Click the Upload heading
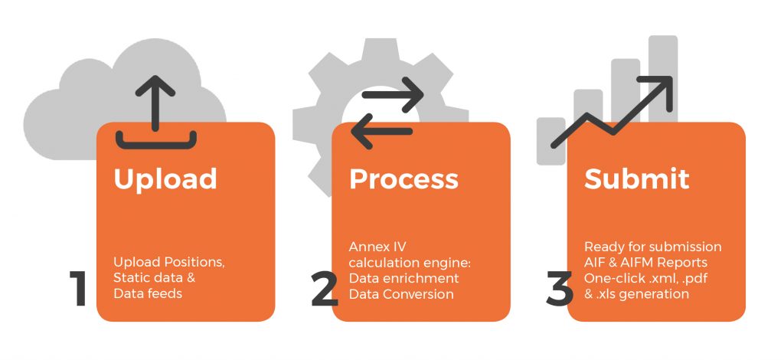click(165, 179)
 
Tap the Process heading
click(403, 178)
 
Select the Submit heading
click(636, 178)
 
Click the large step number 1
click(79, 288)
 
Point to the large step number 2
click(324, 289)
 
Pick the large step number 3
click(559, 289)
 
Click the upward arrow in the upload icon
click(155, 103)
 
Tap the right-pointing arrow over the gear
click(393, 94)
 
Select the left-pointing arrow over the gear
click(381, 131)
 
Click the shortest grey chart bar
click(551, 141)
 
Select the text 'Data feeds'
click(148, 293)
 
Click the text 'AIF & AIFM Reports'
click(646, 263)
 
